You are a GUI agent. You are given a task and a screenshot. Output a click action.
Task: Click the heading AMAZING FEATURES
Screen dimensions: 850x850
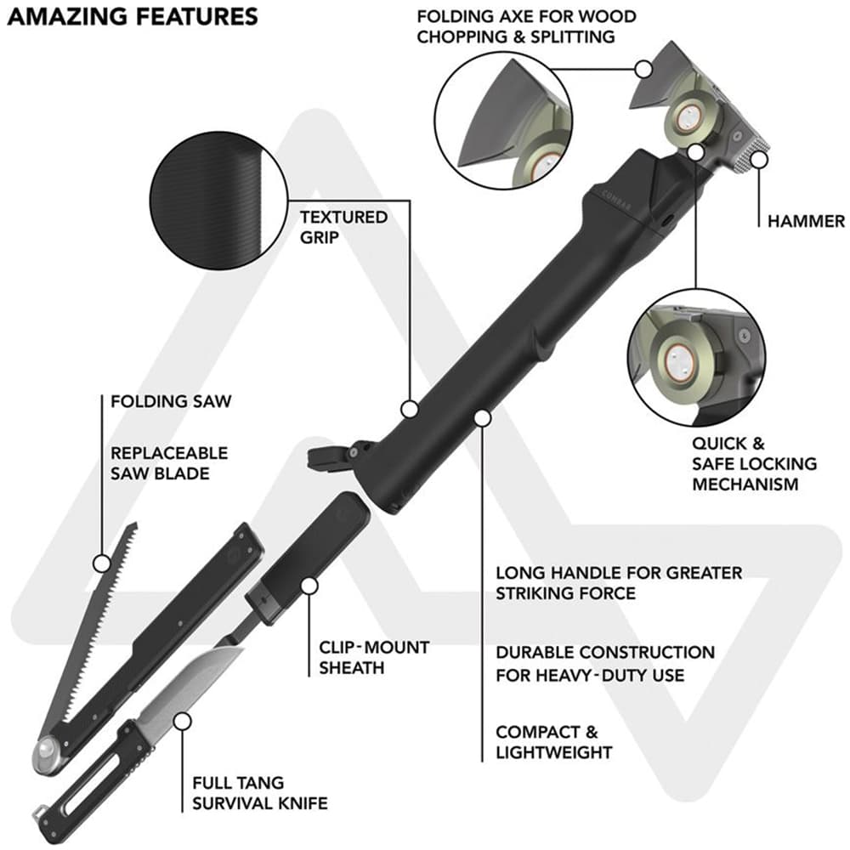pos(133,17)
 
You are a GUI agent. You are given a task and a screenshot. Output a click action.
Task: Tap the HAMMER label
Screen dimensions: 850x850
pos(806,221)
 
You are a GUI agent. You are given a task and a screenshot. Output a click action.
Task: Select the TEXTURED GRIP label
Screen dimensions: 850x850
pos(343,227)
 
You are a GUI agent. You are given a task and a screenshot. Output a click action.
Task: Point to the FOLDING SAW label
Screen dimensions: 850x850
pos(171,401)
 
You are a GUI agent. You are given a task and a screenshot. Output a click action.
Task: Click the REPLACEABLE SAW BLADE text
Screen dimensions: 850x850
pos(169,463)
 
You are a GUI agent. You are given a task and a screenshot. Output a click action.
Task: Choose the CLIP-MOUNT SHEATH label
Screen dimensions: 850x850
pos(374,657)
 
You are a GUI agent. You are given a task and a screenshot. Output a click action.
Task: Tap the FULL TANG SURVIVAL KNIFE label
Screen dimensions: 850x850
pos(260,792)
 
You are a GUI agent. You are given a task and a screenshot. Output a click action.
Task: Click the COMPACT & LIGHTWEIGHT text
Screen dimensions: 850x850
pos(554,742)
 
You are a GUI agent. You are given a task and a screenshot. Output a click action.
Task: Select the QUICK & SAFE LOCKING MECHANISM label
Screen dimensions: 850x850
pos(754,463)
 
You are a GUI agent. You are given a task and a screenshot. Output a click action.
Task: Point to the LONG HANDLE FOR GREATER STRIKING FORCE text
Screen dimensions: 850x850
pos(619,583)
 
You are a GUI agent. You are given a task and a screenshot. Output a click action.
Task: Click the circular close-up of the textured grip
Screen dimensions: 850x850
pos(218,201)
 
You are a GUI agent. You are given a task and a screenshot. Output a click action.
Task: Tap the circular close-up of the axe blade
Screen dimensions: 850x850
pos(503,121)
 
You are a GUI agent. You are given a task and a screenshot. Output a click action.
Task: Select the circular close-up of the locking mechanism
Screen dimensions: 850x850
pos(697,358)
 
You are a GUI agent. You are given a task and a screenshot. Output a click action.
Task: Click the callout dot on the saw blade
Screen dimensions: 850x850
pos(101,564)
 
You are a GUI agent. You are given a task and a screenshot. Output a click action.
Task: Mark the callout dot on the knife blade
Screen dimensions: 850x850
pos(183,722)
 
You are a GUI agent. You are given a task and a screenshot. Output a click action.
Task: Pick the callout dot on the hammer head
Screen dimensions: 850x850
pos(759,161)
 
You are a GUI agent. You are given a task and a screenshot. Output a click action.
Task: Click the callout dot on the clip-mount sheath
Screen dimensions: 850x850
pos(309,586)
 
